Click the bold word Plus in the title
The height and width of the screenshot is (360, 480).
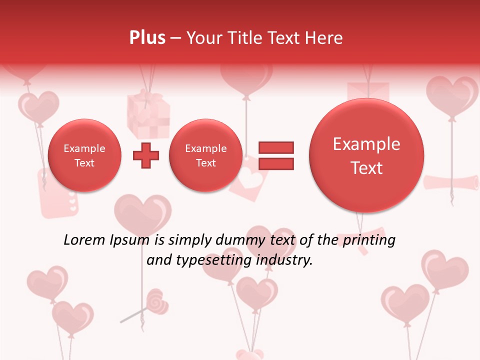[147, 38]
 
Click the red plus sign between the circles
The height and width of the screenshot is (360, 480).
[146, 155]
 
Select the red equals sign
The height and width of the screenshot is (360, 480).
[275, 155]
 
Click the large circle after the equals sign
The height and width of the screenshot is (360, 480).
[366, 155]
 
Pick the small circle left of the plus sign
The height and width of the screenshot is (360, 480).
[84, 155]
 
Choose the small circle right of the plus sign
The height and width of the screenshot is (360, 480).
[205, 155]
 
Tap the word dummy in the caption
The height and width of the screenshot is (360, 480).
[240, 240]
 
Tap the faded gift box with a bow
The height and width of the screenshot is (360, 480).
[148, 114]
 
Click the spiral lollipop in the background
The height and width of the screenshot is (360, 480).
[157, 302]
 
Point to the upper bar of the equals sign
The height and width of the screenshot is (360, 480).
[275, 147]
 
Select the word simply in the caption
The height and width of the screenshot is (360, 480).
[190, 240]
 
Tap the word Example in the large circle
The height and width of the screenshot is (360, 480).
[366, 144]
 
